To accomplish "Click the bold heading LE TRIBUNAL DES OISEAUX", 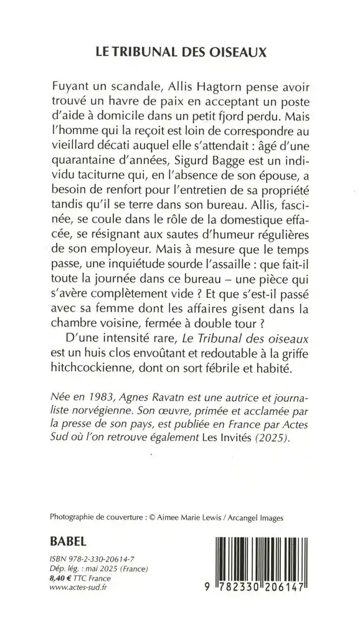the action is [180, 53].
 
